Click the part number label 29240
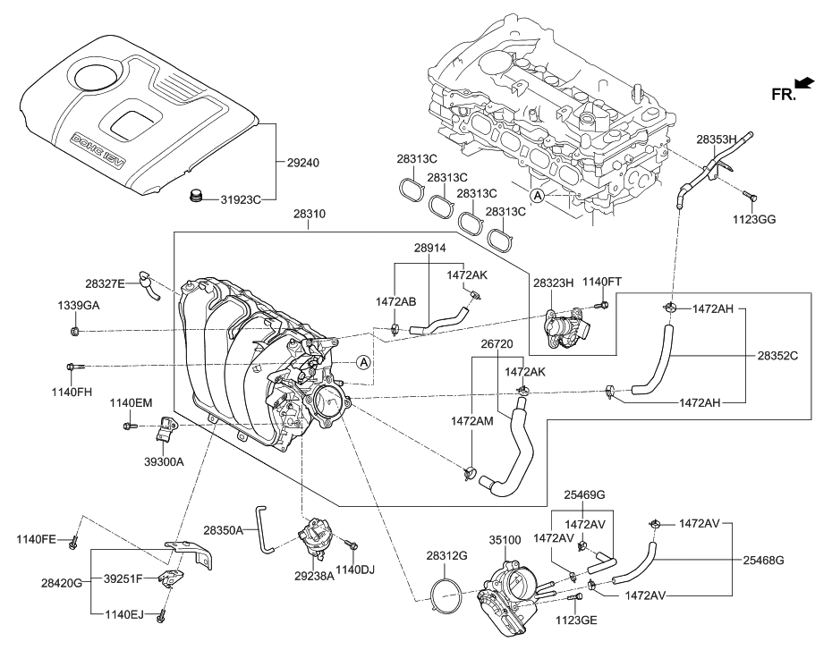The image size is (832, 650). pyautogui.click(x=303, y=164)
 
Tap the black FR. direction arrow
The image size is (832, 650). pyautogui.click(x=805, y=83)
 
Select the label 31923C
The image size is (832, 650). pyautogui.click(x=242, y=200)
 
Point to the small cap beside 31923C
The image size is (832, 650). pyautogui.click(x=196, y=196)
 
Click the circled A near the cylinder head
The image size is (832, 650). pyautogui.click(x=538, y=196)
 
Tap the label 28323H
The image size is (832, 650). pyautogui.click(x=553, y=283)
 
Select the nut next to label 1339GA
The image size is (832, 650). pyautogui.click(x=75, y=332)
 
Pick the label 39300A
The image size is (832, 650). pyautogui.click(x=164, y=461)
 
